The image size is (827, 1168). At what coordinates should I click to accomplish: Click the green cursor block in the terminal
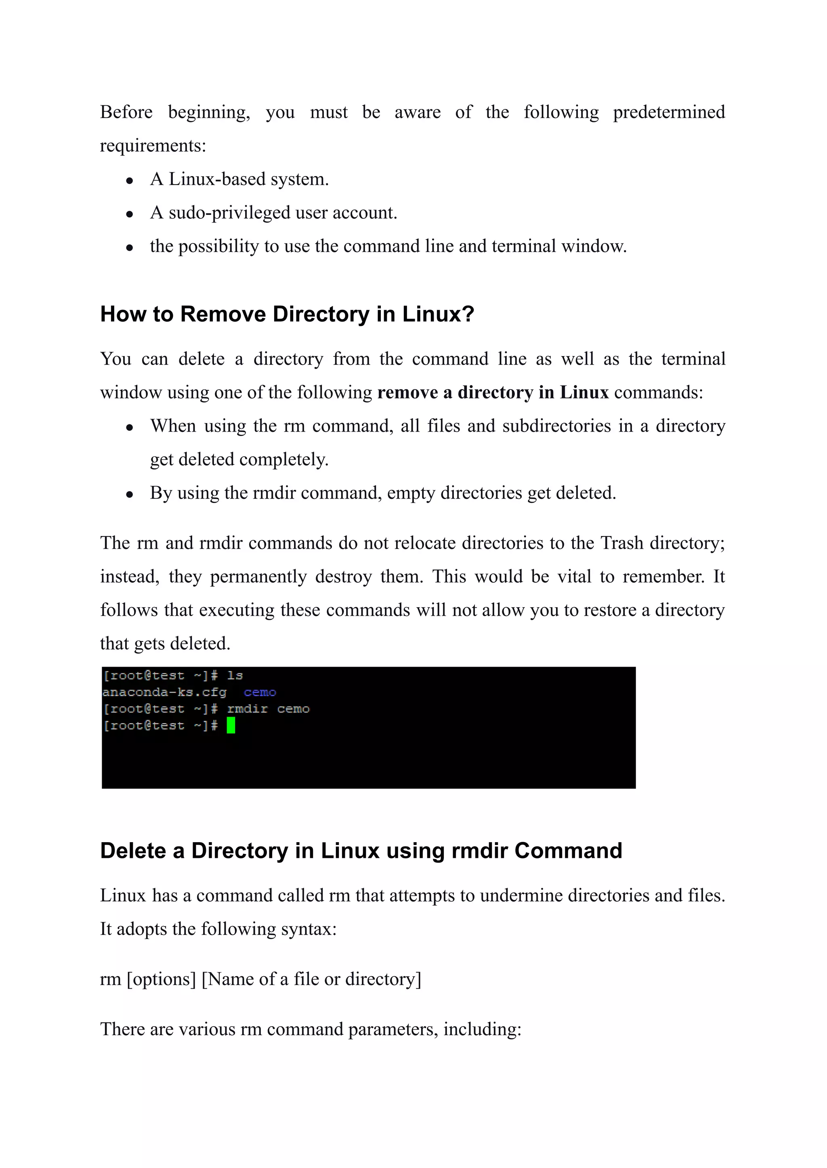click(231, 725)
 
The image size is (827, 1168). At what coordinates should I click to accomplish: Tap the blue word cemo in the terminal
click(260, 692)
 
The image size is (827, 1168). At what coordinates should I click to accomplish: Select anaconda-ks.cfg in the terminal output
click(164, 692)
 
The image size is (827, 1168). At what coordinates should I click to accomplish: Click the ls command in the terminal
click(235, 676)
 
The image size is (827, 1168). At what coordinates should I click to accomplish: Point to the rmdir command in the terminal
click(248, 709)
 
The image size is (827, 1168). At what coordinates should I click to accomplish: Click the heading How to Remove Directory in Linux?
click(287, 314)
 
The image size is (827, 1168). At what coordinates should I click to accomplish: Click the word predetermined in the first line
click(669, 112)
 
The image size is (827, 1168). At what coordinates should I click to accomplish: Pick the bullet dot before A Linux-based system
click(130, 180)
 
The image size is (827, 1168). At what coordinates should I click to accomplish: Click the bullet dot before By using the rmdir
click(130, 494)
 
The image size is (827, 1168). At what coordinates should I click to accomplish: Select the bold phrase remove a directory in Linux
click(493, 392)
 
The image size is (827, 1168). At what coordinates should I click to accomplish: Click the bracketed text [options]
click(161, 979)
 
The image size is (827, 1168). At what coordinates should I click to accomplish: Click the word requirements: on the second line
click(153, 146)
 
